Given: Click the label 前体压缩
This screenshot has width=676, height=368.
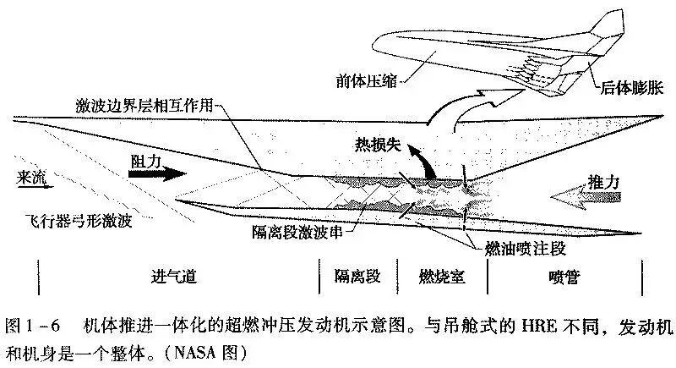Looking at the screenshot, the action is coord(366,81).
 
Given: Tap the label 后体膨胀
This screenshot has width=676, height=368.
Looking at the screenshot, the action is coord(632,88).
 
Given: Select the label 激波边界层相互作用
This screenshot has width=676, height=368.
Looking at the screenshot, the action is coord(144,105).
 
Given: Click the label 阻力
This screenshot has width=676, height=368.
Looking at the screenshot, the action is coord(146,162).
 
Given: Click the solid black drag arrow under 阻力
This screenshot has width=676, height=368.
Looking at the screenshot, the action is coord(157,173).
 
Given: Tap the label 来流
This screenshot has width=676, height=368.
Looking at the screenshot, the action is coord(31,177).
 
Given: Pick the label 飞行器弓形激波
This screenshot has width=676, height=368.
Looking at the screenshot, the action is coord(79,221).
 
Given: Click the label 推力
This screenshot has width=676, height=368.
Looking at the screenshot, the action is coord(603,183).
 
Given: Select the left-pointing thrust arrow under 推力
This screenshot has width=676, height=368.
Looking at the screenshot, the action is coord(585,199).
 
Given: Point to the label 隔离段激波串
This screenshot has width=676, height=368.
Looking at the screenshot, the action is coord(297,232).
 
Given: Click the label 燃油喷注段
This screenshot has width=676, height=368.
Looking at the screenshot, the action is coord(525,249).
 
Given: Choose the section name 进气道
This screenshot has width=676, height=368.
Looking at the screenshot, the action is coord(174,276).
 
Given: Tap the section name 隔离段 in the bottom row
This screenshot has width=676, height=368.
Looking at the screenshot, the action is coord(357,276).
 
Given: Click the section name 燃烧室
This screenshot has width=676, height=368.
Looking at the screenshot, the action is coord(442,276).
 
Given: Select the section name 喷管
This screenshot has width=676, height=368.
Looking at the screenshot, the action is coord(564,277).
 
